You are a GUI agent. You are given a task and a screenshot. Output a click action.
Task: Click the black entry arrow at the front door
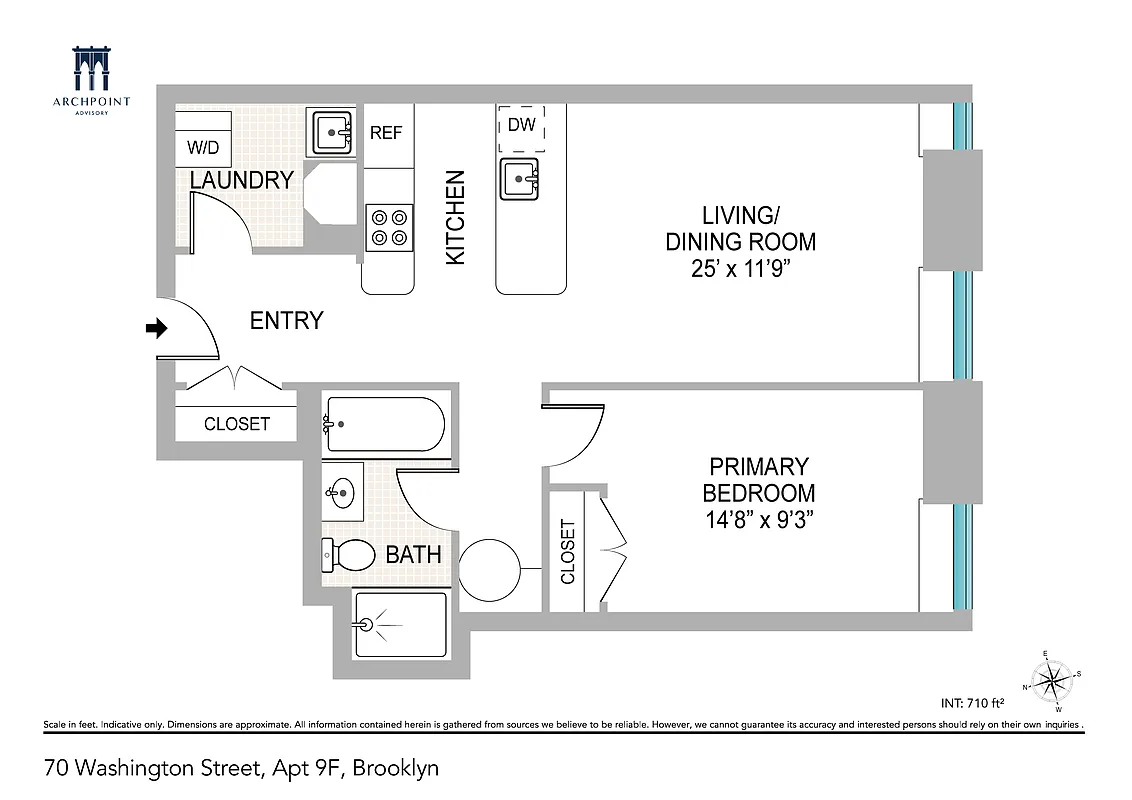coord(157,328)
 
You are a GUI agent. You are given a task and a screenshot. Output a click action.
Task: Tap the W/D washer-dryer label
coord(203,148)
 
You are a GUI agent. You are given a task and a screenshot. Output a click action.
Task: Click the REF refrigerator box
coord(387,133)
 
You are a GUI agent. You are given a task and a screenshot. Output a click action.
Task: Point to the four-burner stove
coord(389,226)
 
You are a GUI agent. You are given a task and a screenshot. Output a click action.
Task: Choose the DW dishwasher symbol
coord(521,125)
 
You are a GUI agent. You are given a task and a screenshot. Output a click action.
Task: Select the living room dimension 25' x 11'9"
coord(740,269)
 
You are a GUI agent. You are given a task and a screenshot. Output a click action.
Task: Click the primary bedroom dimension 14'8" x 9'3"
coord(758,520)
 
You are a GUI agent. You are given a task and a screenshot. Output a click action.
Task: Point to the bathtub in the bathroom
coord(383,424)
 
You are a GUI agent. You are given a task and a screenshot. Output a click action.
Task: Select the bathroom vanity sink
coord(341,491)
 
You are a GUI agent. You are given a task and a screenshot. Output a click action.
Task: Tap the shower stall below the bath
coord(400,624)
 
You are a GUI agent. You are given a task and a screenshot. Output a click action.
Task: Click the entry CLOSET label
coord(237,424)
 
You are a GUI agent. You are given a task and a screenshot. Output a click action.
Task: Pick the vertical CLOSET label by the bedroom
coord(568,551)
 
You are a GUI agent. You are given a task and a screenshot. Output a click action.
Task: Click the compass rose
coord(1049,683)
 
